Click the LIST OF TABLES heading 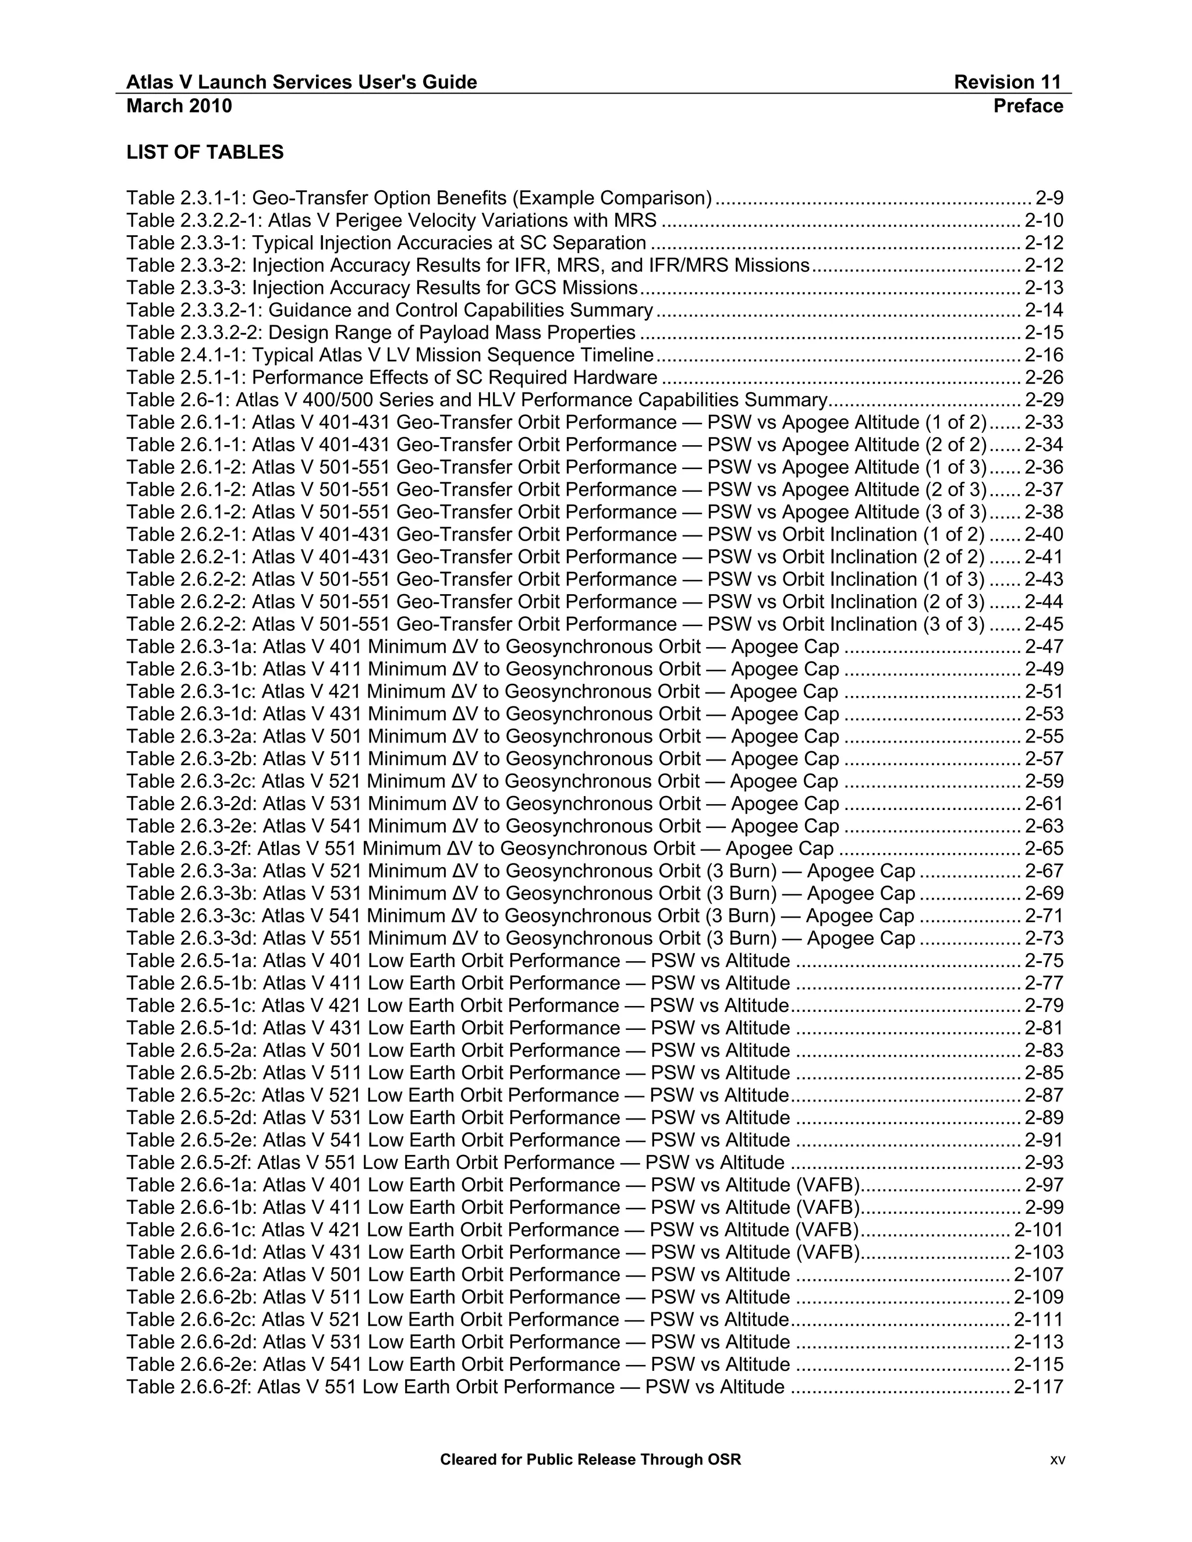pos(205,152)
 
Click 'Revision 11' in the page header pos(1007,83)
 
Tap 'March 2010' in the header pos(179,106)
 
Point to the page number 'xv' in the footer pos(1057,1460)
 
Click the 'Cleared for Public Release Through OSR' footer pos(590,1459)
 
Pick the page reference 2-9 pos(1049,198)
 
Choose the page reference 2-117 pos(1038,1387)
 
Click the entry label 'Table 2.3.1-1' pos(186,198)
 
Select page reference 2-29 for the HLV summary pos(1044,400)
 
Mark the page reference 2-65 pos(1044,848)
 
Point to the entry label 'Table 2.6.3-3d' pos(191,939)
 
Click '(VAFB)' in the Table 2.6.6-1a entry pos(828,1185)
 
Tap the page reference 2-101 pos(1038,1230)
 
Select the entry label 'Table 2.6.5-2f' pos(189,1163)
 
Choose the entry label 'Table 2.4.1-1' pos(186,355)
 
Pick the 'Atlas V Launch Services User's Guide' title pos(301,83)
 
